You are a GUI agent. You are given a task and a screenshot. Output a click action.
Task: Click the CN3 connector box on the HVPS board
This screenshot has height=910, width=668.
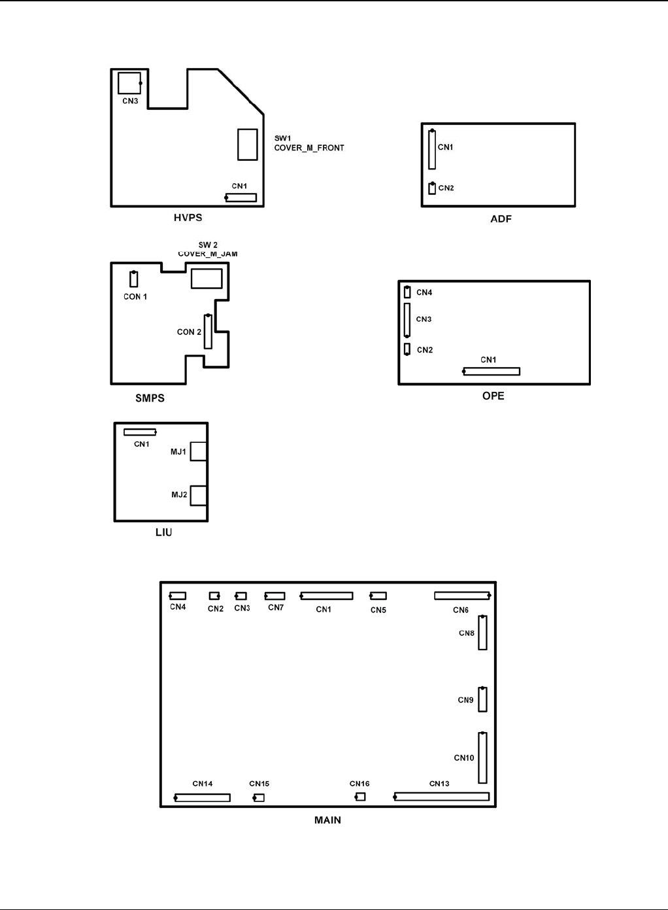click(129, 83)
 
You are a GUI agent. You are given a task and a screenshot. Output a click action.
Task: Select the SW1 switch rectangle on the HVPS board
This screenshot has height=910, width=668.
click(248, 145)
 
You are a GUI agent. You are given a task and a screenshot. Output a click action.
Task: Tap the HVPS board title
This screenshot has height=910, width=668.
click(188, 218)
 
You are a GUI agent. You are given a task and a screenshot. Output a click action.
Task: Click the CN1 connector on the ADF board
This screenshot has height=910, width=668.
click(432, 149)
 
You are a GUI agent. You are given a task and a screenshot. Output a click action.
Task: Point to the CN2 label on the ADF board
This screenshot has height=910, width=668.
click(446, 188)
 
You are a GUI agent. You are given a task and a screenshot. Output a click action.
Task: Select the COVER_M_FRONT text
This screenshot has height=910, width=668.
click(309, 148)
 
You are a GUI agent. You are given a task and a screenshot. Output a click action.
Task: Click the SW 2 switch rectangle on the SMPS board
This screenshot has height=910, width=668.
click(207, 278)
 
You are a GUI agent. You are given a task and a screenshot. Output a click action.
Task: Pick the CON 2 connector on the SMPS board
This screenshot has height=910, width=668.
click(208, 332)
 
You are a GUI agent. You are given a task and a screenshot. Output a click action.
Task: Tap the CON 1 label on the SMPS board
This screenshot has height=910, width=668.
click(135, 296)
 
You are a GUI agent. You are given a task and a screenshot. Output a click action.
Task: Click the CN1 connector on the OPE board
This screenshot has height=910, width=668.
click(492, 372)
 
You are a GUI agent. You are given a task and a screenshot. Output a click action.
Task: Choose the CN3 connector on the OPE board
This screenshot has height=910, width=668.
click(407, 320)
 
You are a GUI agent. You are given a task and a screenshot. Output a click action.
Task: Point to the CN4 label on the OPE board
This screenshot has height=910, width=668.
click(424, 292)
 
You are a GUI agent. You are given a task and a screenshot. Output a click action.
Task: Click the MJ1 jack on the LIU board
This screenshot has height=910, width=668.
click(199, 451)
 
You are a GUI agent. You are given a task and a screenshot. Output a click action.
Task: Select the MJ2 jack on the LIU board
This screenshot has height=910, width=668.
click(199, 496)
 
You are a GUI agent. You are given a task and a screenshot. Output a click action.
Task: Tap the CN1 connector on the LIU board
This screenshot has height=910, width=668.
click(140, 432)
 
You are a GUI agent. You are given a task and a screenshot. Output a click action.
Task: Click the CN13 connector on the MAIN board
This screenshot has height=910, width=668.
click(442, 797)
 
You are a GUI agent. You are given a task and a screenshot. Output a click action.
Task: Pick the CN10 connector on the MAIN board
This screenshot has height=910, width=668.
click(482, 758)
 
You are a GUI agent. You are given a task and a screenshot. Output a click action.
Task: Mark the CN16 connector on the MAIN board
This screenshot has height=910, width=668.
click(360, 797)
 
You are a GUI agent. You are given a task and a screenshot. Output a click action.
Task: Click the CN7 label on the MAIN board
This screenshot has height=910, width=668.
click(276, 607)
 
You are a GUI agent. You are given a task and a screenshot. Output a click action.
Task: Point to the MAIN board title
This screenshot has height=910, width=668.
click(327, 820)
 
